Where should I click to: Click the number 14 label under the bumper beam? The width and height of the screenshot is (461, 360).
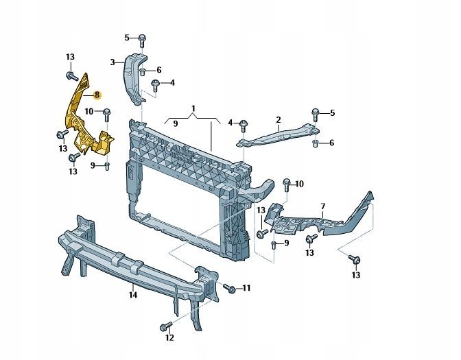click(133, 295)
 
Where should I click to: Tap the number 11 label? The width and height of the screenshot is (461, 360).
click(246, 288)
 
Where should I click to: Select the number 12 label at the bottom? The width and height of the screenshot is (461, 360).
click(169, 337)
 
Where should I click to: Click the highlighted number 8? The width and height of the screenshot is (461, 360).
click(97, 95)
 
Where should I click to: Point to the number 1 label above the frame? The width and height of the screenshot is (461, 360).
click(193, 108)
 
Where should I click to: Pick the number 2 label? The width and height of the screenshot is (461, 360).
click(278, 119)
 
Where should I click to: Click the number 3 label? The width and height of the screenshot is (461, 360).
click(113, 62)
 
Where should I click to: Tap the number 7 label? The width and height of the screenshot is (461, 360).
click(323, 206)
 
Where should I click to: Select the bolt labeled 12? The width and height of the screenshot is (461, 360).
click(165, 326)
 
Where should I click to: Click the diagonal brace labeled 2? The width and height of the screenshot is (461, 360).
click(278, 135)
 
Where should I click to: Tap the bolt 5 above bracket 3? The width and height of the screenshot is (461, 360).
click(142, 40)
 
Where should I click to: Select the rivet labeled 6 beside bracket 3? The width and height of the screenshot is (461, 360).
click(143, 71)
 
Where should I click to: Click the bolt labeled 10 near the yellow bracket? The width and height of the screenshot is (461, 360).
click(107, 115)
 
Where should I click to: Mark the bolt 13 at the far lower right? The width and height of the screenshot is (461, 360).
click(355, 259)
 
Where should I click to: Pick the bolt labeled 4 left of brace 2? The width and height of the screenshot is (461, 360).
click(244, 126)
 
